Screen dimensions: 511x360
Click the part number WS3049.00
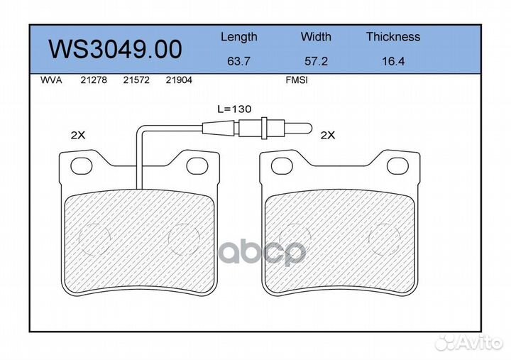[115, 49]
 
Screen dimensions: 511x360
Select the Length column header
[239, 37]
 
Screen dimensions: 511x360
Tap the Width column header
[316, 36]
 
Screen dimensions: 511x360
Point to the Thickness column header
[393, 36]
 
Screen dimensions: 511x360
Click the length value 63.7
[238, 61]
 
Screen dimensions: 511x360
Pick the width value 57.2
[316, 61]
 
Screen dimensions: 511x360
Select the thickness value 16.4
[393, 61]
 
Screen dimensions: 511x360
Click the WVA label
[51, 80]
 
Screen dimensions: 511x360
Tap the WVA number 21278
[94, 80]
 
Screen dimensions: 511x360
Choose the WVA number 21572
[136, 80]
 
